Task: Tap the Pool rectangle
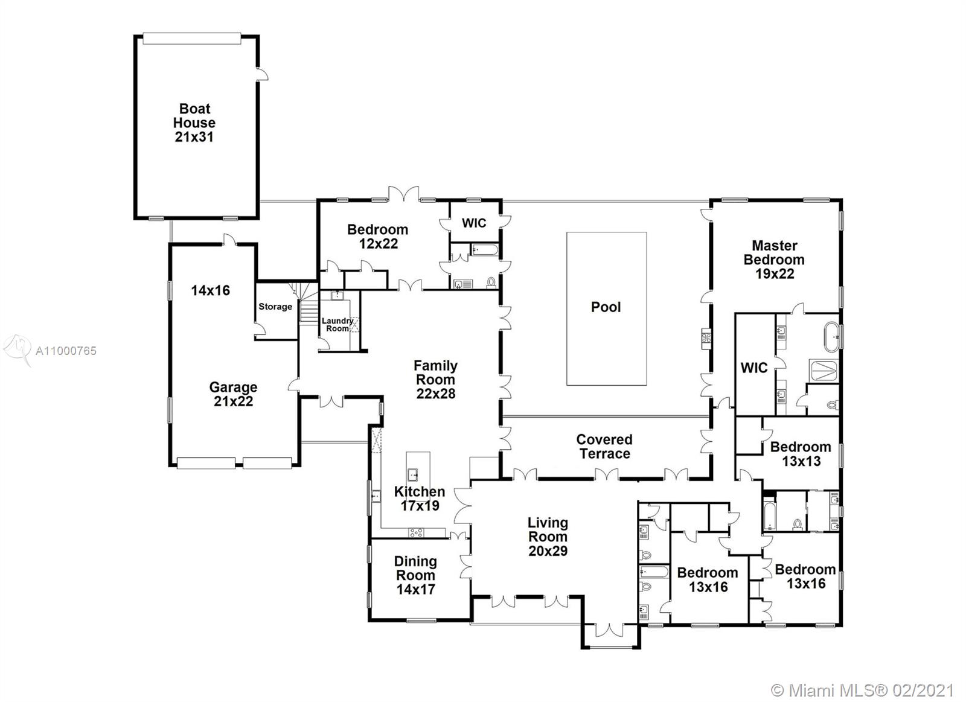point(606,308)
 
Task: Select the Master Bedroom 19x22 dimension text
point(775,274)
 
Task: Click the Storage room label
point(275,307)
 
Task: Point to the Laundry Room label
point(337,325)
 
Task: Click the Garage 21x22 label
point(233,394)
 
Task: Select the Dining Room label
point(415,569)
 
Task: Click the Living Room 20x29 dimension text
point(548,551)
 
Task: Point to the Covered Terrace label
point(604,447)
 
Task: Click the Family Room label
point(435,372)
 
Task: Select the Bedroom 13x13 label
point(801,454)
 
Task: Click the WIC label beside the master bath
point(754,368)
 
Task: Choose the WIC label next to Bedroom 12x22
point(474,223)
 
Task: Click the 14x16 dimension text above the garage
point(210,290)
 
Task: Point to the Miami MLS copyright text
point(863,689)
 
